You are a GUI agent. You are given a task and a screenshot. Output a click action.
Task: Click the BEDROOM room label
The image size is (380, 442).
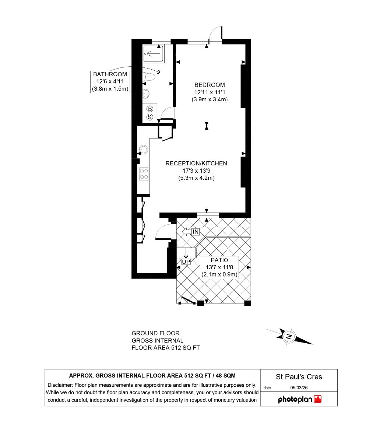(x=210, y=85)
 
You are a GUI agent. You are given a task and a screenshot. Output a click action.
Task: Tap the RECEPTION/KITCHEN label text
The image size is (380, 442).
(x=196, y=164)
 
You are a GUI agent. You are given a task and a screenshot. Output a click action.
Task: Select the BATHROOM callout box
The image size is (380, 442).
(x=110, y=81)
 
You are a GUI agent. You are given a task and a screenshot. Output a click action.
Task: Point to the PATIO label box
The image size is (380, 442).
(x=219, y=267)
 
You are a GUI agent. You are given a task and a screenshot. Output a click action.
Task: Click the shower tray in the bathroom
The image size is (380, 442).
(x=154, y=54)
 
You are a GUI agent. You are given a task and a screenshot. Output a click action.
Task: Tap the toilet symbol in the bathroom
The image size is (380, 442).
(x=149, y=77)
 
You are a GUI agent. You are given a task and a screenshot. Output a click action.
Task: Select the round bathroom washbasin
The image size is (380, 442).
(x=146, y=93)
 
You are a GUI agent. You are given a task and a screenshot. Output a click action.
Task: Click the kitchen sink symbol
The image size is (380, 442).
(x=143, y=149)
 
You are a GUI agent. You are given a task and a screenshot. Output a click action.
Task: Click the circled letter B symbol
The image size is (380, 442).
(x=149, y=109)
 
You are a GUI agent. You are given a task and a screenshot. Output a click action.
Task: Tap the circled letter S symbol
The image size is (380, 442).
(x=149, y=117)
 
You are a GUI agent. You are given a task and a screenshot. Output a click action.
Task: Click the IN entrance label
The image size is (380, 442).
(x=196, y=232)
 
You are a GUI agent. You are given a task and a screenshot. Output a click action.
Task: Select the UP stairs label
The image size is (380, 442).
(x=186, y=262)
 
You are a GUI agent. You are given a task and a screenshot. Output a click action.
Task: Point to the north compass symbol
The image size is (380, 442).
(x=289, y=337)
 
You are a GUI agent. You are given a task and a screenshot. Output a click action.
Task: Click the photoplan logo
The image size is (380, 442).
(x=300, y=399)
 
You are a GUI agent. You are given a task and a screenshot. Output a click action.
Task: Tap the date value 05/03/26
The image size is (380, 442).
(x=299, y=388)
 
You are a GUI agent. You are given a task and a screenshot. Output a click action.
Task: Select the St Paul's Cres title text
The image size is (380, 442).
(x=299, y=377)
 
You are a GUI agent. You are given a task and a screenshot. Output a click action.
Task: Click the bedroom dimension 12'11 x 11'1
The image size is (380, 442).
(x=210, y=92)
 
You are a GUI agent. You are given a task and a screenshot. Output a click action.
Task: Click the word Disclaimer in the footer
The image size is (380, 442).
(x=60, y=385)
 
